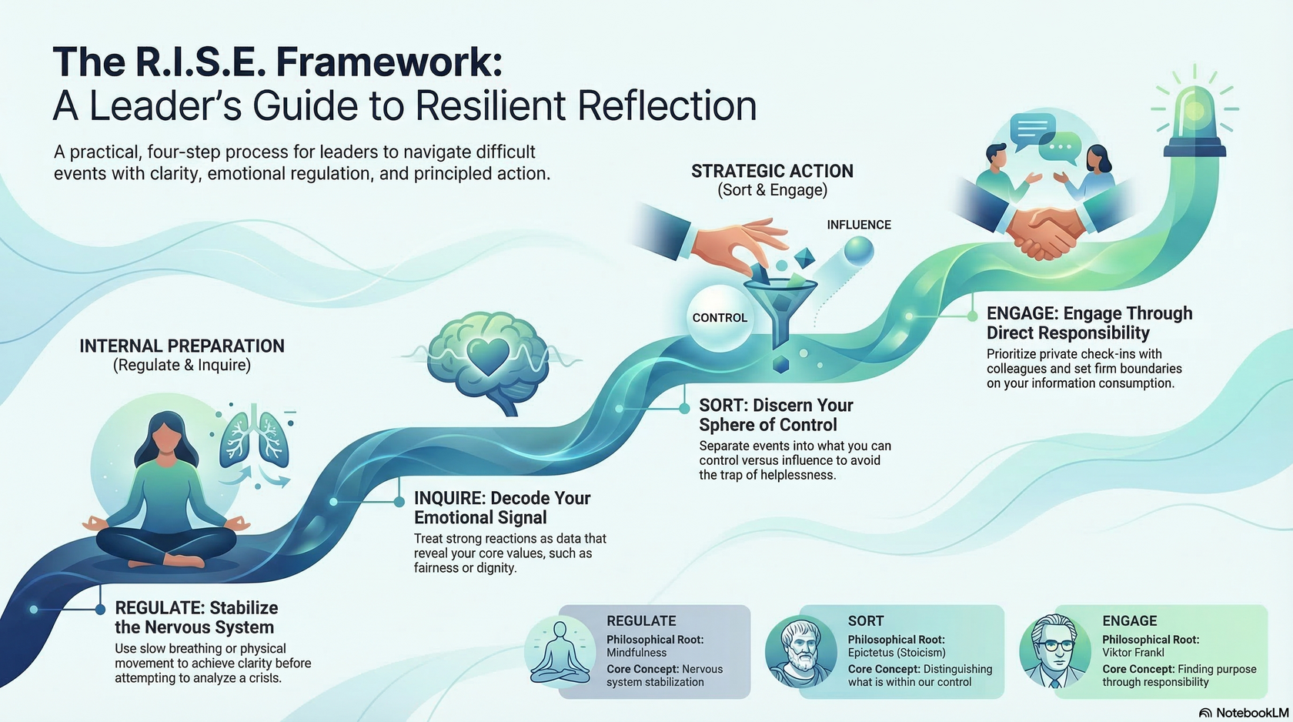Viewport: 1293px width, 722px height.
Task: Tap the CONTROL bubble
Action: point(720,318)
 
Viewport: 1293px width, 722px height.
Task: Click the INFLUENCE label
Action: point(859,225)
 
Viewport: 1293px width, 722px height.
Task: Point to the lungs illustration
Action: point(254,439)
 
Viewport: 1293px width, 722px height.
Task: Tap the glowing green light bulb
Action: point(1194,115)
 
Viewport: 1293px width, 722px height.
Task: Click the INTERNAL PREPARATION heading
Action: point(182,346)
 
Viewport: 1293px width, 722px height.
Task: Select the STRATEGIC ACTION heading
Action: point(772,171)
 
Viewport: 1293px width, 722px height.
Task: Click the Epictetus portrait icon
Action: point(801,651)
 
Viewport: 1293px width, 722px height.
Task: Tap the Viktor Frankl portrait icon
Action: point(1055,651)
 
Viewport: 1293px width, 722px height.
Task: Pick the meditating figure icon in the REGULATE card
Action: point(560,651)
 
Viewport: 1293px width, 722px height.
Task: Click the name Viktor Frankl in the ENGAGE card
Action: point(1133,653)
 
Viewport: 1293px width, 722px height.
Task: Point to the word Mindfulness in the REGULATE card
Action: point(636,653)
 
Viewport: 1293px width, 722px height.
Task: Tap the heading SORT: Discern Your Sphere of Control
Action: point(776,415)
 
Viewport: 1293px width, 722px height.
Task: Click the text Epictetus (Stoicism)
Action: point(897,653)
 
